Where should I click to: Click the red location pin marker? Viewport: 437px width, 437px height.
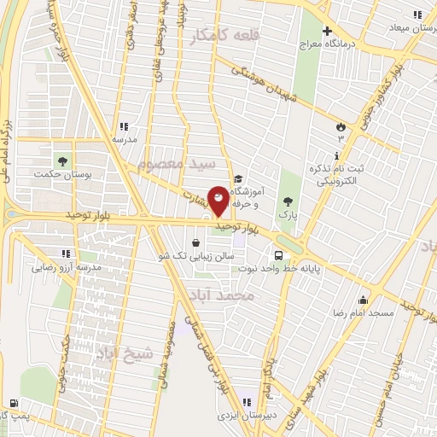click(218, 201)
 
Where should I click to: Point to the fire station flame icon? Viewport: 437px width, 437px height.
click(342, 125)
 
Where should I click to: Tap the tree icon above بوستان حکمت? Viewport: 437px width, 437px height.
click(61, 160)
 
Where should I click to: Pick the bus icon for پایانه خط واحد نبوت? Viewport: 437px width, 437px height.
click(279, 254)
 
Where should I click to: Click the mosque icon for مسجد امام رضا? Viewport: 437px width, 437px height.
click(364, 300)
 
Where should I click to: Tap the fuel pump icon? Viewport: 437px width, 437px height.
click(13, 402)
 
